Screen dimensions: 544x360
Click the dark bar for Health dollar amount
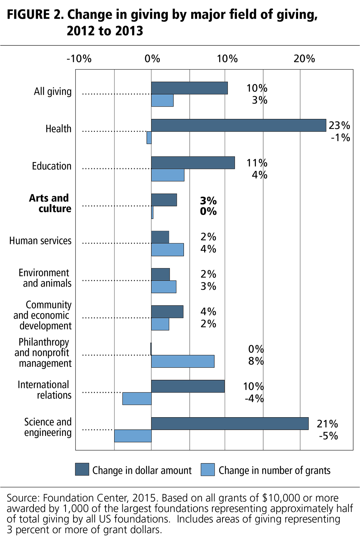click(x=238, y=125)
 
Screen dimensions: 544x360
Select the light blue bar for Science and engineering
click(x=133, y=436)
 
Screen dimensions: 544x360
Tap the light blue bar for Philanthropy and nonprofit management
click(x=183, y=361)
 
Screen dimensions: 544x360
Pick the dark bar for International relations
click(x=188, y=386)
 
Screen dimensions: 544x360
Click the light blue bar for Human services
click(x=167, y=250)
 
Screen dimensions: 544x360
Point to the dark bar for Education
click(x=193, y=163)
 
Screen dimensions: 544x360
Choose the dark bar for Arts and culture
click(x=164, y=200)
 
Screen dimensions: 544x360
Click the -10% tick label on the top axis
click(x=79, y=59)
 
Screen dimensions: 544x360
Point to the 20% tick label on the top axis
click(x=304, y=59)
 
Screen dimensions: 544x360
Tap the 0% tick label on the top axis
click(x=152, y=59)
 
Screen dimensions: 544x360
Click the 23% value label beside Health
click(x=339, y=125)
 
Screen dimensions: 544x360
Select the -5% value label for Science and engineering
click(x=328, y=436)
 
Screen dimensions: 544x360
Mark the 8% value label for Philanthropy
click(x=256, y=361)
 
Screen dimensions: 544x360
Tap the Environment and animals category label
click(x=45, y=278)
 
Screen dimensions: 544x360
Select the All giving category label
click(x=53, y=92)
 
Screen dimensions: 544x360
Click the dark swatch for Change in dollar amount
click(x=82, y=469)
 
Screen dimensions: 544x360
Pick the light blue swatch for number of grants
click(x=208, y=469)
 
